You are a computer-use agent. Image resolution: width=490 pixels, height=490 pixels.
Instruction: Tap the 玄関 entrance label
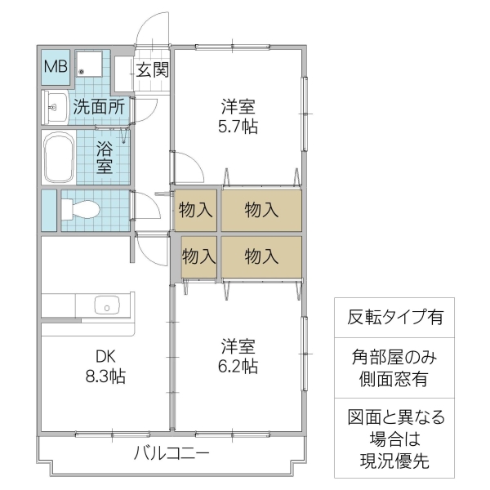pos(151,70)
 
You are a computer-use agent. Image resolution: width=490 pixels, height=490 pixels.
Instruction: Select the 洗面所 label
pos(97,105)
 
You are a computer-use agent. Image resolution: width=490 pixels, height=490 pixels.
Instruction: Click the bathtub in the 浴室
pos(57,158)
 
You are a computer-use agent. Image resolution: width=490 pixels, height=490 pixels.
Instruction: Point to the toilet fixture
pos(81,209)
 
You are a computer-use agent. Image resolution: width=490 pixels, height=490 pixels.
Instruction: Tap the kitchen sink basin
pos(107,305)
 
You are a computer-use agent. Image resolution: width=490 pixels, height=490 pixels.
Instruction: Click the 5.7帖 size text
pos(238,126)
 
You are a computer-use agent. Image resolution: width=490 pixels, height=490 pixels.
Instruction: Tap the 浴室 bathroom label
pos(105,157)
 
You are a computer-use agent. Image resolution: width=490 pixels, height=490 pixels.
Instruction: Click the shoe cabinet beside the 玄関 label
pos(122,74)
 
